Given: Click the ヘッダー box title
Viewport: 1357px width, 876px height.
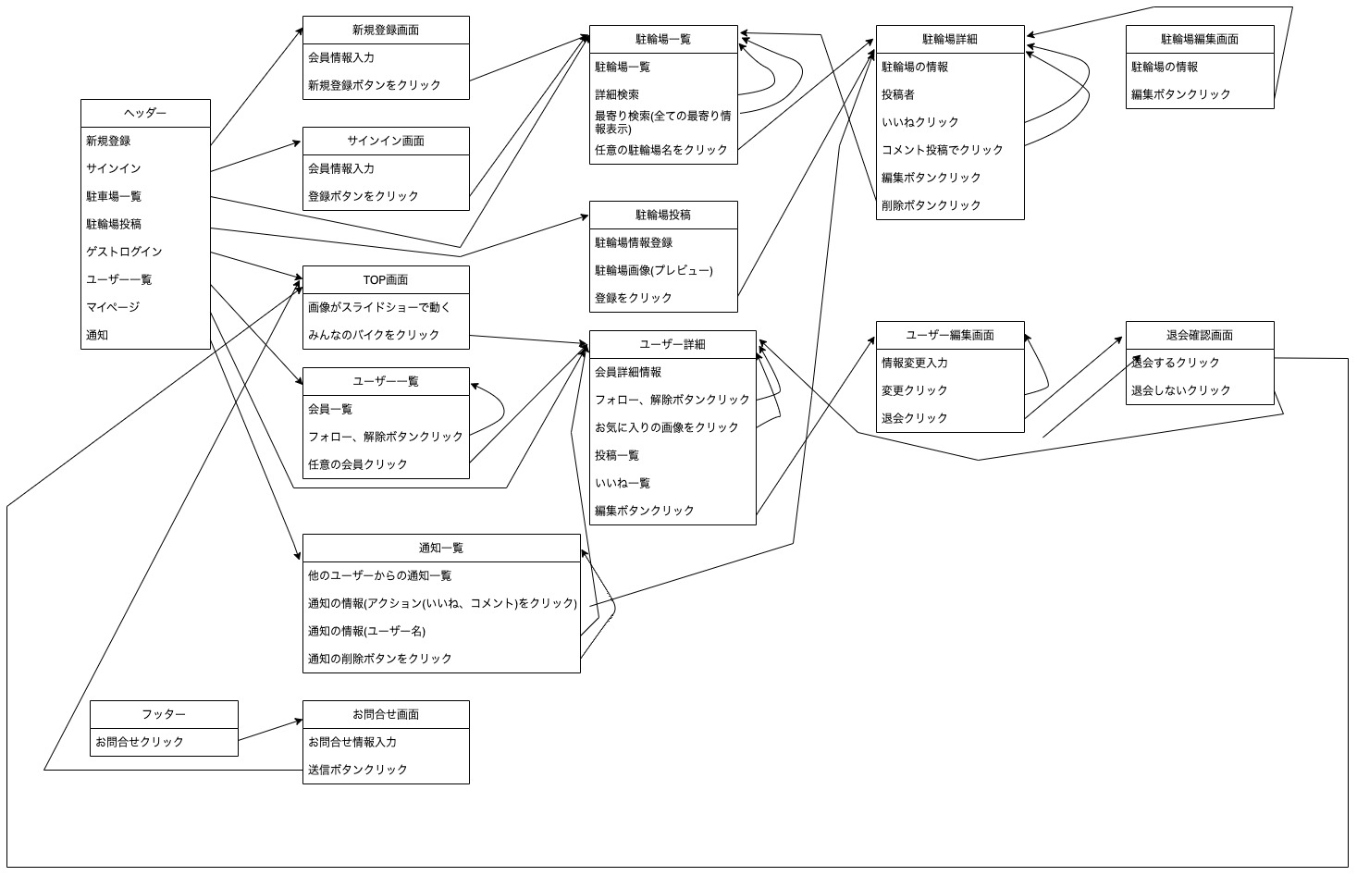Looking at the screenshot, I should click(145, 113).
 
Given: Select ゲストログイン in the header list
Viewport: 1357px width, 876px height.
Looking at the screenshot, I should click(124, 252).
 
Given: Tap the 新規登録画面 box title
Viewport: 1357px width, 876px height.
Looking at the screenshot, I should click(386, 30).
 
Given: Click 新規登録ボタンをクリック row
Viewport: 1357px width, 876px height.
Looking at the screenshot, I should click(374, 85).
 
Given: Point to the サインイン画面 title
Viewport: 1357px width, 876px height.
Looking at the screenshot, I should click(386, 141).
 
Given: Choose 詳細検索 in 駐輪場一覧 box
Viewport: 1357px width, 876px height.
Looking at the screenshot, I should click(616, 94).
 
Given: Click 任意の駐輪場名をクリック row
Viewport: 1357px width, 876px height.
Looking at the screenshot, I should click(660, 150).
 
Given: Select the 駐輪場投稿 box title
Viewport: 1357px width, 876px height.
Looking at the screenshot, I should click(663, 215).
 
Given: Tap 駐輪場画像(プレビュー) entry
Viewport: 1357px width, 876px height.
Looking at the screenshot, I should click(653, 270).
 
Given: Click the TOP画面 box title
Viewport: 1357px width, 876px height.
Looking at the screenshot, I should click(386, 279).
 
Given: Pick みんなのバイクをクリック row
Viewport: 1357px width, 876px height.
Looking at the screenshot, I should click(374, 335).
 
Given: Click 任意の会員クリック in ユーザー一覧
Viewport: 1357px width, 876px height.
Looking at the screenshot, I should click(357, 464).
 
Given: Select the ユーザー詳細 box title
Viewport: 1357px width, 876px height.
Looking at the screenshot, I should click(672, 344).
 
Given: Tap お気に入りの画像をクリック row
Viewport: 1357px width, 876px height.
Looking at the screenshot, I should click(666, 427).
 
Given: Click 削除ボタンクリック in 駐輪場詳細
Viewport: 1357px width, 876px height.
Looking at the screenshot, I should click(931, 205).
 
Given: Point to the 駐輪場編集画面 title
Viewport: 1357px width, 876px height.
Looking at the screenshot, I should click(1200, 39).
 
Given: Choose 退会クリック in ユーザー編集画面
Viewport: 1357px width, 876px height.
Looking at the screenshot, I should click(914, 418).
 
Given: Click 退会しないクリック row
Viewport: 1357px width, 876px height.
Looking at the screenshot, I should click(1180, 390).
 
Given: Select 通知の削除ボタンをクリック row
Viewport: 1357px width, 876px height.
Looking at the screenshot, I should click(379, 659).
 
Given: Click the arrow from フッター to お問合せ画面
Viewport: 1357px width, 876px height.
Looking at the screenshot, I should click(270, 732).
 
